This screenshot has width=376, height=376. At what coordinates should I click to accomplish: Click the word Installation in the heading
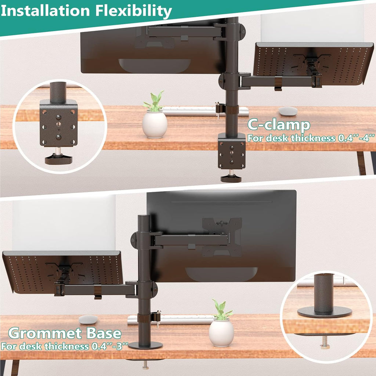(x=45, y=11)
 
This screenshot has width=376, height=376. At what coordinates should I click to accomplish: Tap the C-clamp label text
(x=279, y=125)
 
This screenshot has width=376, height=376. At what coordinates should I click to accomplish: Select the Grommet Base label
(x=65, y=333)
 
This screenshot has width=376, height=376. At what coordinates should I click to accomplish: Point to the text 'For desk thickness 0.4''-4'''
(x=311, y=138)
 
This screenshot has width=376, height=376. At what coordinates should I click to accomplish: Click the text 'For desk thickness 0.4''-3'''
(x=65, y=346)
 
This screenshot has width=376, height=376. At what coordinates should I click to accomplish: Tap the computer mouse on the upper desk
(x=288, y=111)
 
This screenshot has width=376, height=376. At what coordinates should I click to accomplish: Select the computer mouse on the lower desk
(x=88, y=320)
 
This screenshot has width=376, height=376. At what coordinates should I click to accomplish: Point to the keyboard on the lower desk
(x=171, y=320)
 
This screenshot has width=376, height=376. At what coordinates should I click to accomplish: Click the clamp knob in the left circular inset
(x=58, y=159)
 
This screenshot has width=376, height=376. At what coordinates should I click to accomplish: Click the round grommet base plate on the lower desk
(x=145, y=346)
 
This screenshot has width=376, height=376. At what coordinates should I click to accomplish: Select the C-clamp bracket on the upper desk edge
(x=231, y=151)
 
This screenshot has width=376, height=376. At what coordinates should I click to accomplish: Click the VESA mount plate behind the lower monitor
(x=221, y=237)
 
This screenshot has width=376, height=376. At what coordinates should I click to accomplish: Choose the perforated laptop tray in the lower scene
(x=62, y=272)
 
